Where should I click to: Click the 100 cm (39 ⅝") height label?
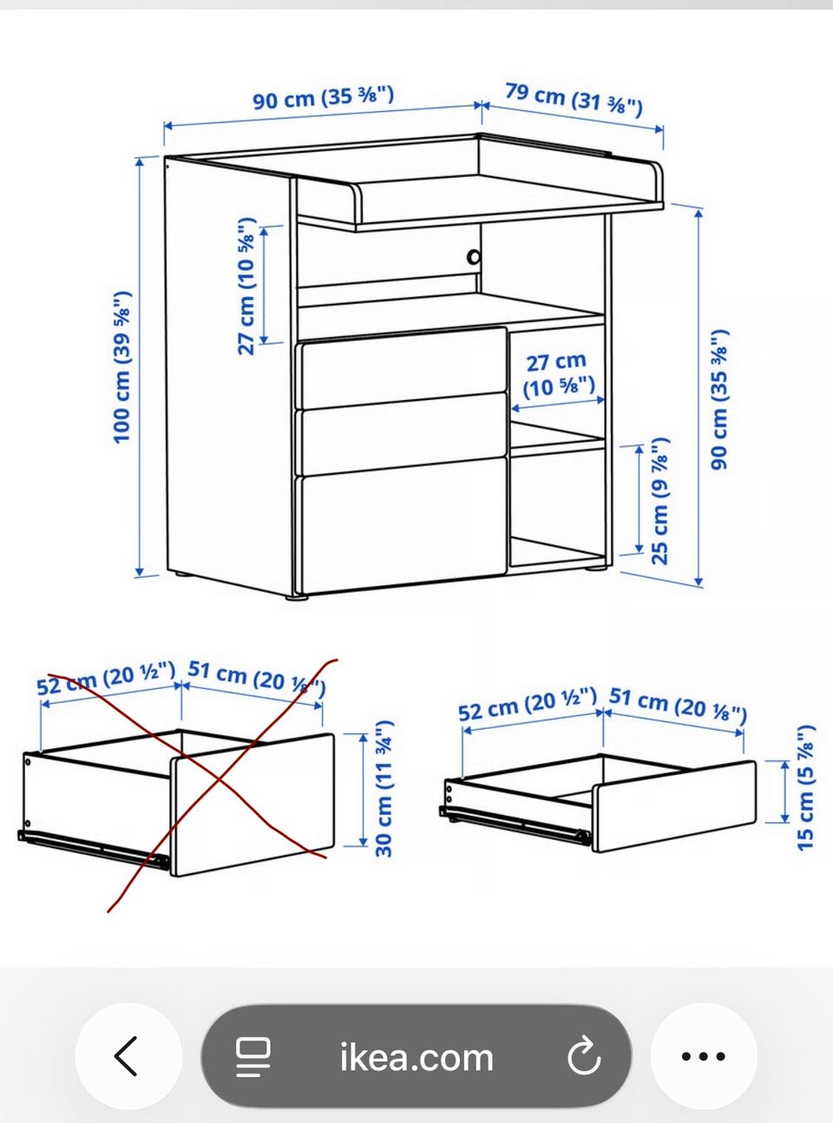(122, 368)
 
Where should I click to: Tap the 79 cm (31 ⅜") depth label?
(574, 99)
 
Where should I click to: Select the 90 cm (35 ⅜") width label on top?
(323, 97)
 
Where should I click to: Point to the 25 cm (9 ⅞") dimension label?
(659, 501)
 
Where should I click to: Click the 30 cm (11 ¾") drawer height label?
(384, 788)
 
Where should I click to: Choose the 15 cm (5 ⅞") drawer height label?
(805, 788)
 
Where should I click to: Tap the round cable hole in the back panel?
(474, 257)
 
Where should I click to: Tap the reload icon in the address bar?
(584, 1055)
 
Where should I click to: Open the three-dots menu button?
(704, 1056)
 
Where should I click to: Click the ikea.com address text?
(416, 1057)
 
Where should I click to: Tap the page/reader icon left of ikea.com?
(253, 1057)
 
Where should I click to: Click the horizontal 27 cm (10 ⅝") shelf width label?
(558, 375)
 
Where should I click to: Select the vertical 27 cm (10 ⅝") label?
(247, 286)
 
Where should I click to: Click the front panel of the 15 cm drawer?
(674, 806)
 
